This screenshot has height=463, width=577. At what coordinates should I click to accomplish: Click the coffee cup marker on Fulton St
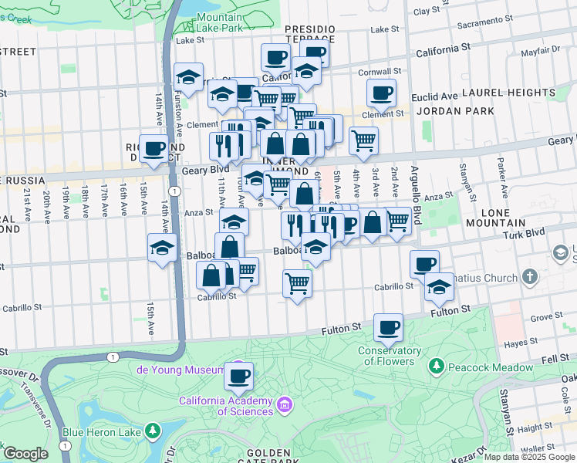click(389, 327)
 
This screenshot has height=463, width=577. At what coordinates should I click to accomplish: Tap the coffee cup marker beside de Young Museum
click(239, 376)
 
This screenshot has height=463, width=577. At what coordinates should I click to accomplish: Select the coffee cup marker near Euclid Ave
click(381, 93)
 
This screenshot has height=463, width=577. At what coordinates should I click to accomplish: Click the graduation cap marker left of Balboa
click(163, 248)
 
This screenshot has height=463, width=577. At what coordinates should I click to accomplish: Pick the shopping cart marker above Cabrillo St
click(297, 283)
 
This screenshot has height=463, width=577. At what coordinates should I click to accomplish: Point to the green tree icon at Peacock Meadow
click(437, 365)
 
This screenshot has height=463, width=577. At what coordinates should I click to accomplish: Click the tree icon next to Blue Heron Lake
click(154, 429)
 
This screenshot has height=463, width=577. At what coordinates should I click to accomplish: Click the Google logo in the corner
click(25, 454)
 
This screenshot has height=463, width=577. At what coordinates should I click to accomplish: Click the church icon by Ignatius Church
click(529, 276)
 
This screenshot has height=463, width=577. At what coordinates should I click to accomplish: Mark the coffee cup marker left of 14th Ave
click(153, 148)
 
